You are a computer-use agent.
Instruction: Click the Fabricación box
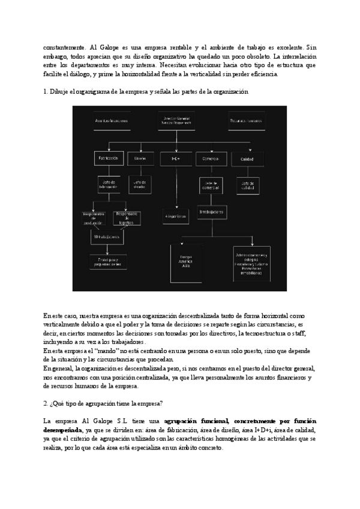108,158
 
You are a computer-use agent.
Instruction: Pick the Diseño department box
140,158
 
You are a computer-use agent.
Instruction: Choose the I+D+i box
176,158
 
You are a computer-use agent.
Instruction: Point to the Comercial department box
210,158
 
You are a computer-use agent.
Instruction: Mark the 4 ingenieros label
176,215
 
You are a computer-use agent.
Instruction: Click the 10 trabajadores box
108,237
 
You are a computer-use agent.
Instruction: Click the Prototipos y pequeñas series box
108,261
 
